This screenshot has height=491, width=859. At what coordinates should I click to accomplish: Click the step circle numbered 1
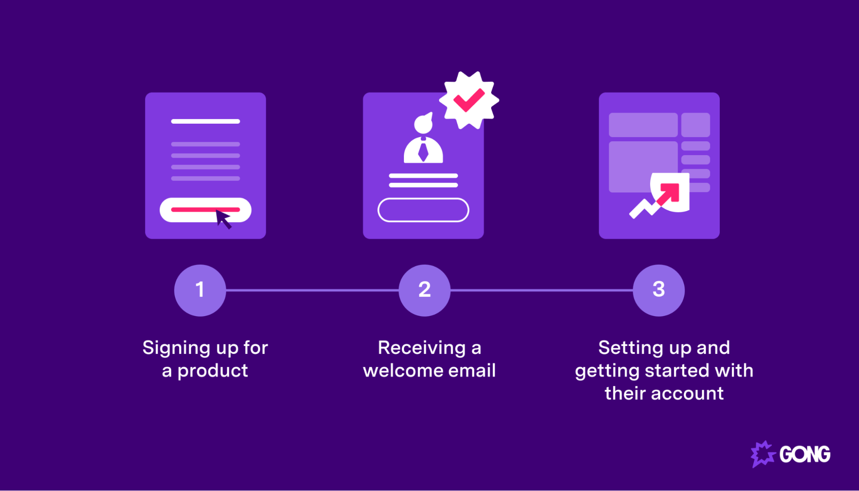(x=200, y=290)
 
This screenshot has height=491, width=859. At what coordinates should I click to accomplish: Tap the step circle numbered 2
(x=425, y=290)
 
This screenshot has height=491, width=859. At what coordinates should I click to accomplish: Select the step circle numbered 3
(x=659, y=290)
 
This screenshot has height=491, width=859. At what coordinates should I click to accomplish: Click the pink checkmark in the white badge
(x=469, y=100)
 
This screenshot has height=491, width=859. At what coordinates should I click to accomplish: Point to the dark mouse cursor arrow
(x=223, y=218)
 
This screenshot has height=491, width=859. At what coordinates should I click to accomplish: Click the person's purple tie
(x=423, y=151)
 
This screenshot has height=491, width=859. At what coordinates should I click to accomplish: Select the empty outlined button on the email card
(x=423, y=210)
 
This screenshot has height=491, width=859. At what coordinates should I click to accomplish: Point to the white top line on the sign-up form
(x=205, y=122)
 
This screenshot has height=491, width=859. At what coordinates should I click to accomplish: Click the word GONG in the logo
(x=805, y=454)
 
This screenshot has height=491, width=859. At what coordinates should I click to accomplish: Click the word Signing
(x=176, y=348)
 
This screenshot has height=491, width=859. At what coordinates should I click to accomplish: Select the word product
(x=213, y=371)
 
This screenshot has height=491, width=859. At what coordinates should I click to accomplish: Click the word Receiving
(x=422, y=348)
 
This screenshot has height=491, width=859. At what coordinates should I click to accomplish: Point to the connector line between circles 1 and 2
(x=312, y=290)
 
